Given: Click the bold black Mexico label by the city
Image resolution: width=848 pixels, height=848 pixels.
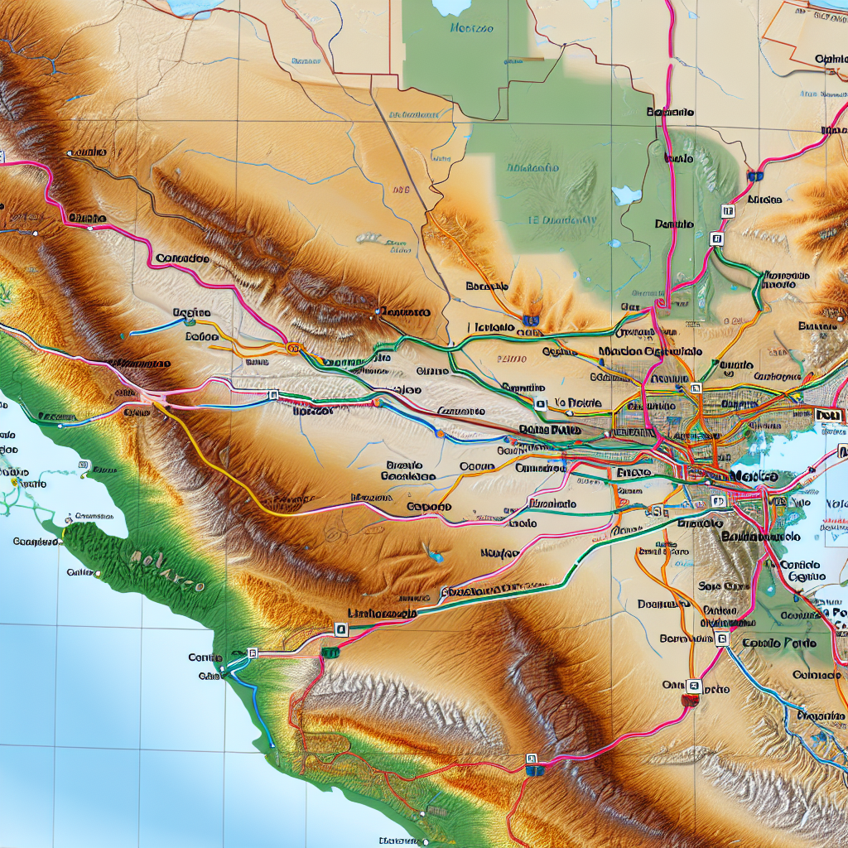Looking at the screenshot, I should click(754, 478).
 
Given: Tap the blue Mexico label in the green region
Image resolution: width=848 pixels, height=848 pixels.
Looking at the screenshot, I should click(471, 29).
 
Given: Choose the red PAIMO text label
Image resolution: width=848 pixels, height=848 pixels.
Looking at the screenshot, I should click(511, 360).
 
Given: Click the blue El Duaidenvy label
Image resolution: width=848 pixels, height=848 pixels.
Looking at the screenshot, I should click(563, 221).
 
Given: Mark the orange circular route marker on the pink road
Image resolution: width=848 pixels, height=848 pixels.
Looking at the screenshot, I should click(292, 349).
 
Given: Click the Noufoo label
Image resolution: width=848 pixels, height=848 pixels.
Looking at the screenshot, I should click(499, 553).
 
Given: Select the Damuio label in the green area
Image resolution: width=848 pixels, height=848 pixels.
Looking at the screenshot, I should click(673, 224).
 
